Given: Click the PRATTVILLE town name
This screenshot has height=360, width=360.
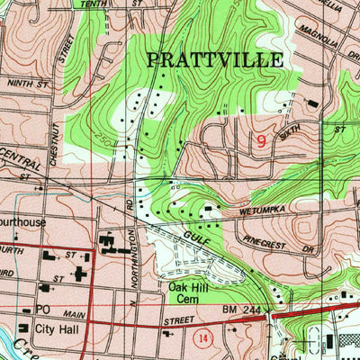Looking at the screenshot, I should point(214,60).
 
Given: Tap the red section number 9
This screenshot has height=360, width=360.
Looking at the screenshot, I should point(261,140).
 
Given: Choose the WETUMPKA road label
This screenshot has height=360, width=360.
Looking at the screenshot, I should point(260,216).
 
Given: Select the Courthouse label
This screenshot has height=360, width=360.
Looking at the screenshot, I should point(22,220).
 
